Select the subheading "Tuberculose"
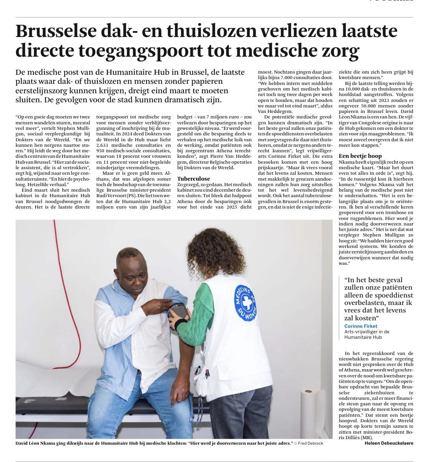coord(194,178)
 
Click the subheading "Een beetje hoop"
coord(360,156)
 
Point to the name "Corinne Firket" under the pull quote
coord(360,326)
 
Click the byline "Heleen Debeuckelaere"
coord(389,443)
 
